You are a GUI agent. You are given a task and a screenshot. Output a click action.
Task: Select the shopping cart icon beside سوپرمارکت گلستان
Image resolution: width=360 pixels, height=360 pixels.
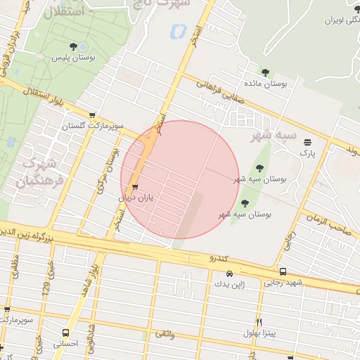point(92,115)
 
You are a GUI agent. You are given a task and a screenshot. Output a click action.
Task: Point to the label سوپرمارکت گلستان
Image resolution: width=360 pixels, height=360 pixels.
point(92,127)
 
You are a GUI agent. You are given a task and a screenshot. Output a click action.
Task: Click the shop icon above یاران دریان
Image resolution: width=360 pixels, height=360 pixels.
point(135,187)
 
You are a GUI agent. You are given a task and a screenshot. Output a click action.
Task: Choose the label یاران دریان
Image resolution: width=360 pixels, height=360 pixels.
point(135,198)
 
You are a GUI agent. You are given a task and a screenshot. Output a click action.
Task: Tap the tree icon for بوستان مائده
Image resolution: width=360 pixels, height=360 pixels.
point(265,72)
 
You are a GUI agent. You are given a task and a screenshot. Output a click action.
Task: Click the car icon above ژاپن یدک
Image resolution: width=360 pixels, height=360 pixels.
point(229,274)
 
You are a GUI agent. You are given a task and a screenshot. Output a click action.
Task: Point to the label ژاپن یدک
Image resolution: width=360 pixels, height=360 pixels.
point(229,285)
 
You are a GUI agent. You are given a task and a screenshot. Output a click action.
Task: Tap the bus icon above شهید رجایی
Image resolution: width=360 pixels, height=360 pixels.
point(283,272)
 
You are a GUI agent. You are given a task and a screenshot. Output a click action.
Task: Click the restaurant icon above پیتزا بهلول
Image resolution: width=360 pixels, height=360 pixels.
point(259,321)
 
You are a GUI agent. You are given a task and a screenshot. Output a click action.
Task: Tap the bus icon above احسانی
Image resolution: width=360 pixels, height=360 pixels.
point(65,333)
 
